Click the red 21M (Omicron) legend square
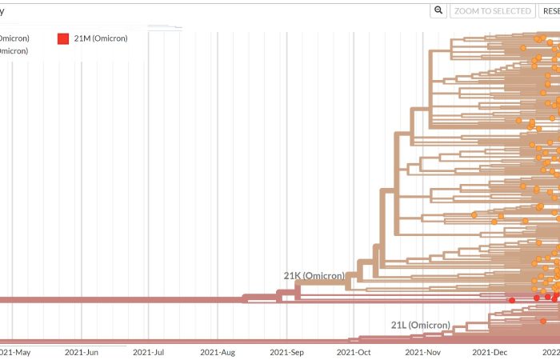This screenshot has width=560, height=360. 63,38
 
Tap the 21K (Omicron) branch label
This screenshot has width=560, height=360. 314,276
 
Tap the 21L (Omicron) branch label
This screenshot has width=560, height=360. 420,326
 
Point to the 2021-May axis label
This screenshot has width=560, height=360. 16,351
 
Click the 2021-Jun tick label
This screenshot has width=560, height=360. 82,351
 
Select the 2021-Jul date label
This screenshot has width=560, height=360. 149,351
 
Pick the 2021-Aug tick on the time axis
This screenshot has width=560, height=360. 218,351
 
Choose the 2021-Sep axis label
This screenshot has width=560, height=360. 286,351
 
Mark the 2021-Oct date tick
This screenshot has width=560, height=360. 354,351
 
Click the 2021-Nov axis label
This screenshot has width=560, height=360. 422,351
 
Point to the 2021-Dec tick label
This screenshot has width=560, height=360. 489,351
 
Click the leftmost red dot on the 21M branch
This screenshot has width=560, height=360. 512,300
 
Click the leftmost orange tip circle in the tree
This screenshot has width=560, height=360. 474,214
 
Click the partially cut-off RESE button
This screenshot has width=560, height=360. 550,10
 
